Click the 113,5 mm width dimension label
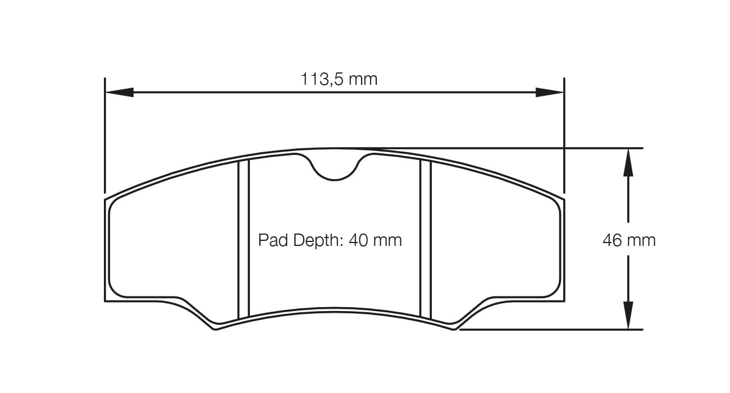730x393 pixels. point(339,79)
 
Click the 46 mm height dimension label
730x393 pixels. point(629,240)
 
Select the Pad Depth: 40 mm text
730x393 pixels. point(330,240)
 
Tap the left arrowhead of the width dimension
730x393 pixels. point(120,92)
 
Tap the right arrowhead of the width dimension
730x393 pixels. point(549,92)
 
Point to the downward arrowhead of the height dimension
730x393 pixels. point(628,316)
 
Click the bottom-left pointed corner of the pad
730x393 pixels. point(215,329)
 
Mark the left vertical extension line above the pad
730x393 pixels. point(105,135)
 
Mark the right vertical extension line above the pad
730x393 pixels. point(564,135)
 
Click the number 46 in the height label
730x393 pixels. point(612,240)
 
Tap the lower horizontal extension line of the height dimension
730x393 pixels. point(550,330)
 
